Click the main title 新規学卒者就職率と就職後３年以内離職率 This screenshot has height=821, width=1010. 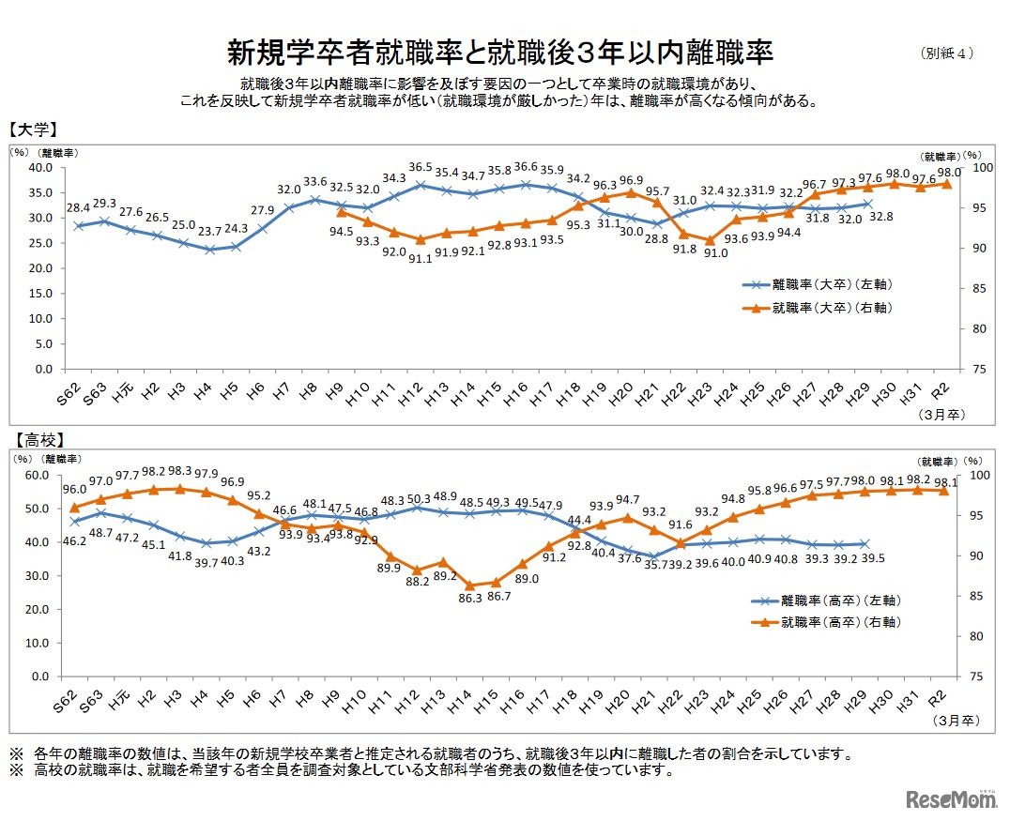[x=499, y=52]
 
